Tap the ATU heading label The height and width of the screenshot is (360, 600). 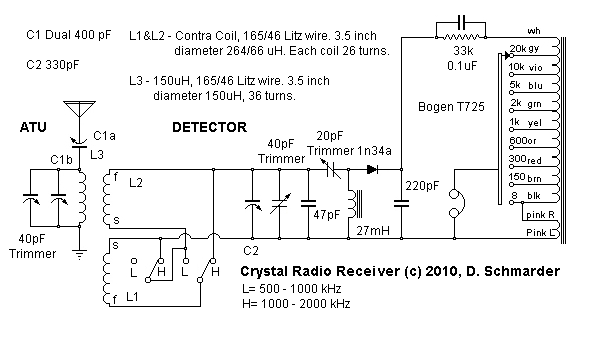(x=34, y=127)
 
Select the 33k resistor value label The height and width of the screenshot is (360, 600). (x=462, y=51)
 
